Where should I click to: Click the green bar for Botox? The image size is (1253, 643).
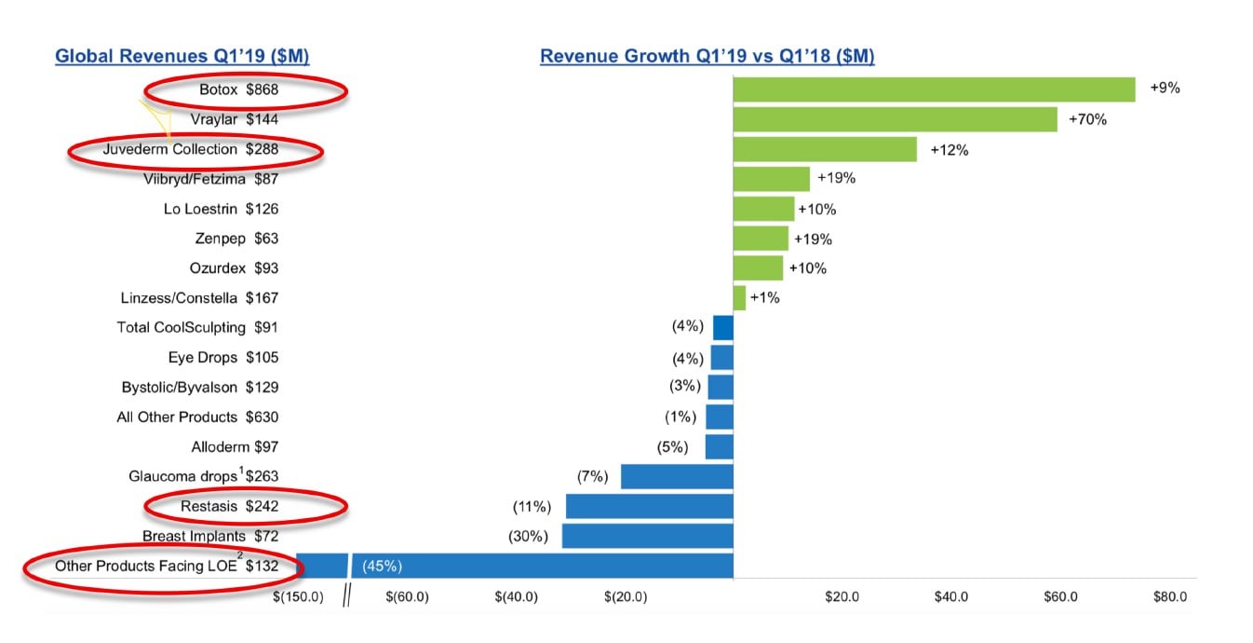[934, 89]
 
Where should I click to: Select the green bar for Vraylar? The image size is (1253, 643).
[895, 119]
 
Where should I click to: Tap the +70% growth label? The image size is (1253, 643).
[1087, 119]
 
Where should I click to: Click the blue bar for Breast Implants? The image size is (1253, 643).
[647, 536]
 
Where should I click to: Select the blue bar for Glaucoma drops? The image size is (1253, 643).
[677, 476]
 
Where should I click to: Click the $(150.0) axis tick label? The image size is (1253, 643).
[298, 596]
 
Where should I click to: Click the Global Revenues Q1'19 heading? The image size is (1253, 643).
[182, 57]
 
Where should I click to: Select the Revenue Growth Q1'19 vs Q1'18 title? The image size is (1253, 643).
[707, 57]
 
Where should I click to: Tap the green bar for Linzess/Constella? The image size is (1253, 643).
[739, 298]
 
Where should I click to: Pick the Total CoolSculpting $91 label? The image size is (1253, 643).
[197, 328]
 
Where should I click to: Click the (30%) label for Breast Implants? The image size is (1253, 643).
[528, 536]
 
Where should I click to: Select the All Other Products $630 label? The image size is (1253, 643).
[197, 417]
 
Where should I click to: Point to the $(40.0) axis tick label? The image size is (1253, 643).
[516, 596]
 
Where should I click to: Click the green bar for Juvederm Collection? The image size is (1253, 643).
[825, 149]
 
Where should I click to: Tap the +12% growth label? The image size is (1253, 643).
[949, 149]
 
